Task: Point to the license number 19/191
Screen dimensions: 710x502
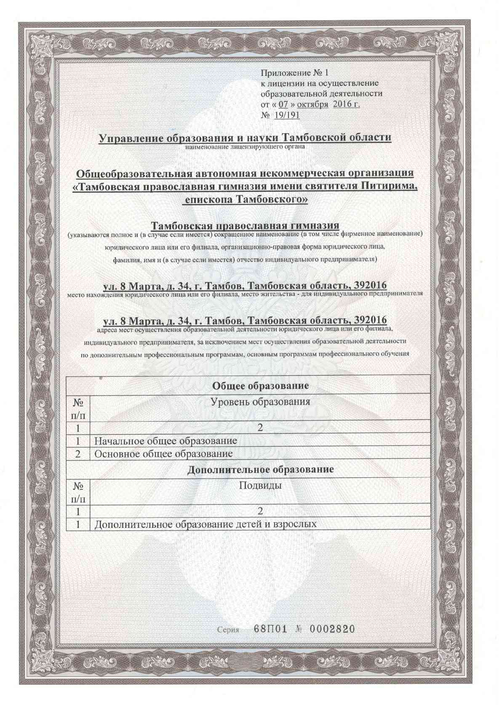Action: point(287,115)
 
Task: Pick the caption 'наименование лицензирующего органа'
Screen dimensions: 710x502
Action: point(245,147)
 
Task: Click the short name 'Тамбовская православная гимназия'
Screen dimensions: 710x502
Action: point(245,225)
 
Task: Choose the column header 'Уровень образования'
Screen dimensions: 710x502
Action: point(260,401)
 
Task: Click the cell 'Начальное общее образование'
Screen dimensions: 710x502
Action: point(166,441)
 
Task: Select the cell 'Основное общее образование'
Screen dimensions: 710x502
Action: point(163,454)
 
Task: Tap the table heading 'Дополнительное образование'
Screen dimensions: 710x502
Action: point(260,469)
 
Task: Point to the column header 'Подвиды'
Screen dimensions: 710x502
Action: point(260,485)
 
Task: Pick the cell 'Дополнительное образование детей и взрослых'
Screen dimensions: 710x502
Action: point(205,524)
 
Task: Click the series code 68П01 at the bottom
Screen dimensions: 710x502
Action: point(270,629)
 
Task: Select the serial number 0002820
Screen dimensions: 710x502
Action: point(332,629)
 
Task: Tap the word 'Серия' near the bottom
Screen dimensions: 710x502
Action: point(228,630)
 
